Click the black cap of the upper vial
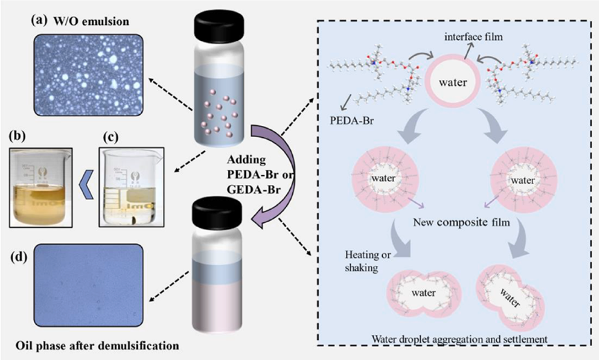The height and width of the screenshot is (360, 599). click(x=220, y=26)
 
